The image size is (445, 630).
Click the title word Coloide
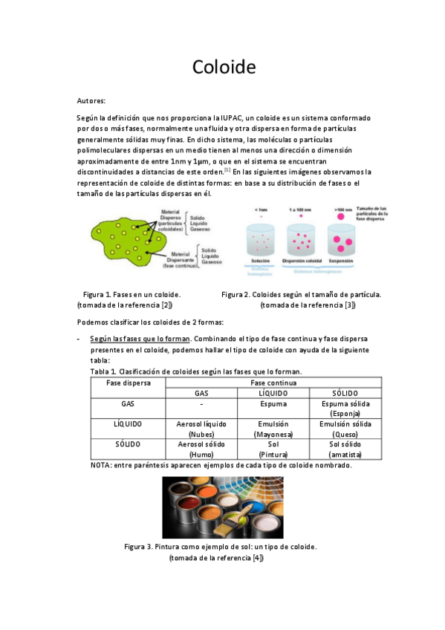[x=224, y=68]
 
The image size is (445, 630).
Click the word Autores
[x=91, y=100]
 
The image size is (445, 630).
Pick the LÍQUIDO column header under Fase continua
[x=273, y=392]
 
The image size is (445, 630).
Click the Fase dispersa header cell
[x=127, y=383]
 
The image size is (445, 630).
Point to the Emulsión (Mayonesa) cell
[x=273, y=429]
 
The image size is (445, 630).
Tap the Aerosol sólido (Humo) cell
[x=201, y=449]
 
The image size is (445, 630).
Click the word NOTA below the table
[x=100, y=465]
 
